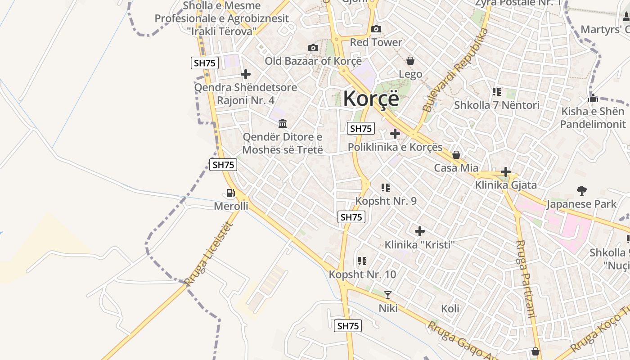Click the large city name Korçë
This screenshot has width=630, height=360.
click(371, 99)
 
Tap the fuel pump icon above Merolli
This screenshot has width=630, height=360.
click(231, 193)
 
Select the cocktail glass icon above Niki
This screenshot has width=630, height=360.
click(388, 295)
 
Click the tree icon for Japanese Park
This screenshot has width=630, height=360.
click(582, 191)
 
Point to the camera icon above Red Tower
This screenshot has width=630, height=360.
click(376, 29)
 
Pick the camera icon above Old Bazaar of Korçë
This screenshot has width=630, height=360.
click(313, 48)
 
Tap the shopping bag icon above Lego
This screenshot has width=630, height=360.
click(410, 60)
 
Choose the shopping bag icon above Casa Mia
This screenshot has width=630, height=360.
click(456, 155)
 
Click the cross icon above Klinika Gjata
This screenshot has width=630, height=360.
click(506, 172)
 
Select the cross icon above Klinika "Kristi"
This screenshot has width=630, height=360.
click(420, 231)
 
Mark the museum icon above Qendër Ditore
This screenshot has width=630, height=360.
click(283, 123)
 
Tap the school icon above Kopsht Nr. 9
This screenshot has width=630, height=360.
click(386, 187)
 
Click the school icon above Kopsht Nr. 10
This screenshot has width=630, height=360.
click(362, 261)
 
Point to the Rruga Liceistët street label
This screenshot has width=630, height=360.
click(208, 254)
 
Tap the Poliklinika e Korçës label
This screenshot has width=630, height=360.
click(395, 147)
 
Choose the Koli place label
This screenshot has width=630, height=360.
click(450, 308)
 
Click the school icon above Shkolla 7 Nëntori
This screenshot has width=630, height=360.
click(497, 92)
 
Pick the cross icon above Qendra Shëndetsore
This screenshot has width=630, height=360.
click(246, 74)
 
